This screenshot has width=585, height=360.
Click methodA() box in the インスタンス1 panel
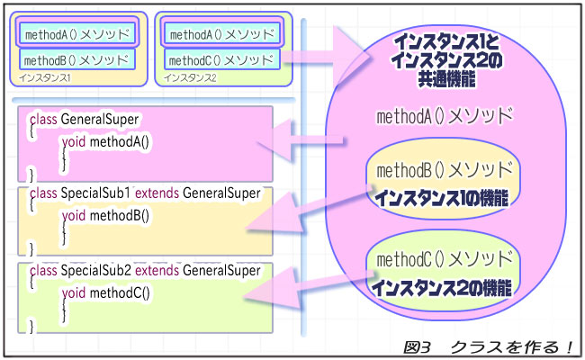(78, 35)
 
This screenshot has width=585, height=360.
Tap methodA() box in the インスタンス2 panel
(220, 35)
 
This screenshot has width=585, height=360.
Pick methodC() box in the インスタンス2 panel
(220, 60)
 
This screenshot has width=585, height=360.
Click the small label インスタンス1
(44, 78)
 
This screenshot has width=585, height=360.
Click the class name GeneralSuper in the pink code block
(100, 119)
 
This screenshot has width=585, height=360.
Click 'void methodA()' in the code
(104, 141)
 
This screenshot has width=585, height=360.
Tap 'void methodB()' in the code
(104, 216)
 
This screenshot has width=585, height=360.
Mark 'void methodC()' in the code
(104, 293)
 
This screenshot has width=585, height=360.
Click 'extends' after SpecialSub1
(157, 193)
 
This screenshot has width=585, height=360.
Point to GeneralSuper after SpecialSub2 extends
(221, 270)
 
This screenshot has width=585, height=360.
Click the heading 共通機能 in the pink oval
(446, 79)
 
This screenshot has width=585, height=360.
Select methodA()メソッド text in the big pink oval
(446, 116)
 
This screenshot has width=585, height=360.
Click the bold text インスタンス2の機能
(442, 289)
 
